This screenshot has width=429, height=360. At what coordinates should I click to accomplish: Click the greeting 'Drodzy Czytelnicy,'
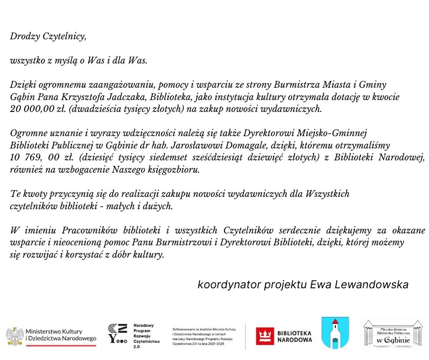click(48, 37)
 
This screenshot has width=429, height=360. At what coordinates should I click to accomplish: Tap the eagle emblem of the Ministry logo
click(15, 336)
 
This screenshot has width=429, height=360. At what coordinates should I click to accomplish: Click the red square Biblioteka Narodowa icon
click(264, 336)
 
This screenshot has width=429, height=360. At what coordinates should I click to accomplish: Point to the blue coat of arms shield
click(335, 333)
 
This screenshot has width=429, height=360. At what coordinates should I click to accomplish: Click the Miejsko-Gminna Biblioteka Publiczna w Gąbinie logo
click(392, 334)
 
